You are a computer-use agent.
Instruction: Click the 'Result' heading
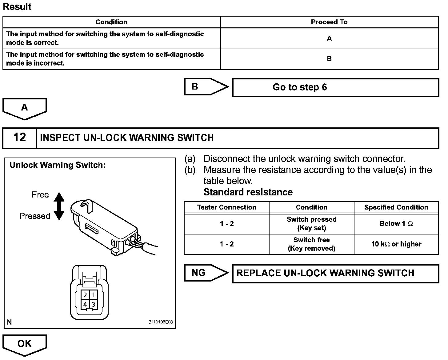17,7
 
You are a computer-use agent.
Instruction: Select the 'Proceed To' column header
329,22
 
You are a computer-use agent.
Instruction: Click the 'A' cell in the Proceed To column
329,38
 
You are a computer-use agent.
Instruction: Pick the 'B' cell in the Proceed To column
329,59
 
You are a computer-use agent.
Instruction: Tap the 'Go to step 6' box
335,87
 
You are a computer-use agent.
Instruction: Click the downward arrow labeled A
25,108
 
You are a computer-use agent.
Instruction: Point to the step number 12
19,138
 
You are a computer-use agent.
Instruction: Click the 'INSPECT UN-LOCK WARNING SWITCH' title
127,138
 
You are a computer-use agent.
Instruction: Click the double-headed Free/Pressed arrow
59,206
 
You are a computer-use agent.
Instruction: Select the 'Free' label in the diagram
40,195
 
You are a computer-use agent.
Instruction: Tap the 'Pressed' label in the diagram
35,216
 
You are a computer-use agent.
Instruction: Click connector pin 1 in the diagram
94,295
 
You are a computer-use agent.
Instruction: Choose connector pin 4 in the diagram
85,305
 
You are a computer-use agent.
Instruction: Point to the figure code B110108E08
161,322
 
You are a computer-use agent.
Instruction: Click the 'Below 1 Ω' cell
396,224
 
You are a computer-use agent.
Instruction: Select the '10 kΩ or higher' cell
396,244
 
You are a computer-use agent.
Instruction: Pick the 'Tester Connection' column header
226,207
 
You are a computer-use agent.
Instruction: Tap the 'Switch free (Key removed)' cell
311,244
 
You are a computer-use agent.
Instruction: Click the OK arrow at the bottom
25,344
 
